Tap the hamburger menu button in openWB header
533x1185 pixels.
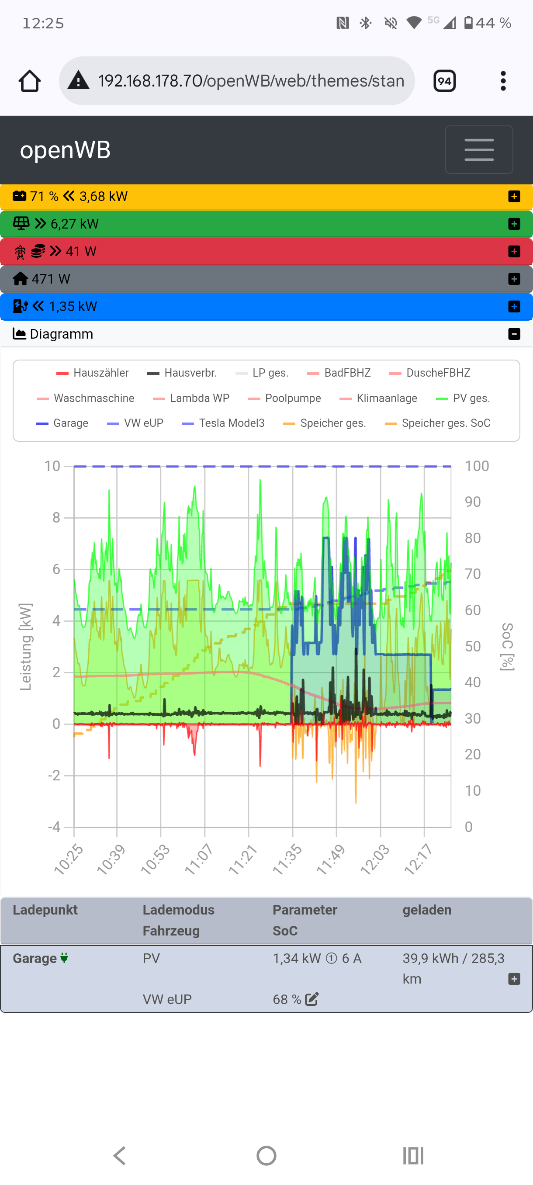[479, 149]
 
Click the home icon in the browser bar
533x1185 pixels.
[29, 81]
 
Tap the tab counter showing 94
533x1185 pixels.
[444, 81]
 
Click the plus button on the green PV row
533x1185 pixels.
[514, 224]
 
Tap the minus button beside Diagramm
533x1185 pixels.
[514, 334]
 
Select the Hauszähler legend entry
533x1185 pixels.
[93, 373]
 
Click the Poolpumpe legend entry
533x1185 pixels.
[284, 398]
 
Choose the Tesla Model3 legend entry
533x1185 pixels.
[223, 423]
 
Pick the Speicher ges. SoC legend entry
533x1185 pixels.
[437, 423]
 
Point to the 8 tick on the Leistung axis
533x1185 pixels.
[56, 518]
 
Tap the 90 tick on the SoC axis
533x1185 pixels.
[472, 502]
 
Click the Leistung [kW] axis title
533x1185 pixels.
[26, 647]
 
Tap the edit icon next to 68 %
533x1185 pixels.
[312, 1000]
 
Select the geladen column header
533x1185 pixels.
[427, 910]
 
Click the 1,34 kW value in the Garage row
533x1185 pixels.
[297, 959]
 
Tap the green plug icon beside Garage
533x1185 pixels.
[64, 958]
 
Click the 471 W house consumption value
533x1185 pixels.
[51, 279]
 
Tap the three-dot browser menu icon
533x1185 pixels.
[503, 81]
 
